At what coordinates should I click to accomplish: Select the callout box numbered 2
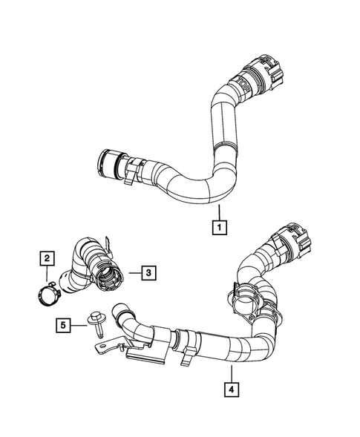[x=46, y=258]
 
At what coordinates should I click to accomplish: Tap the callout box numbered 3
[x=148, y=273]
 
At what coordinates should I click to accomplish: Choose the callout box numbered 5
[x=65, y=324]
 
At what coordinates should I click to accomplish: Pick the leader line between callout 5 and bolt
[x=79, y=324]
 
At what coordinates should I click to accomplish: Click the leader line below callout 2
[x=47, y=272]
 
